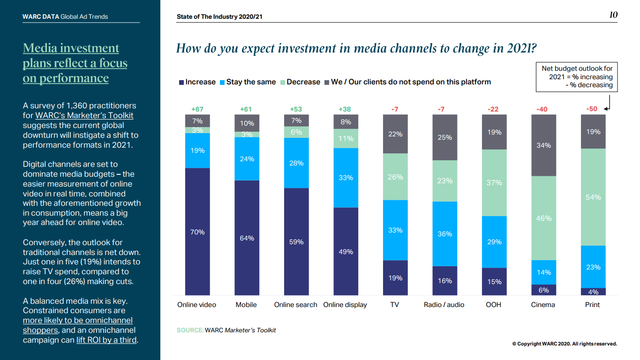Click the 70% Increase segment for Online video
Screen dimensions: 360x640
coord(197,232)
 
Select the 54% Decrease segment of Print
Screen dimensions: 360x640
coord(593,197)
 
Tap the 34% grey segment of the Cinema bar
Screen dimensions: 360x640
coord(543,145)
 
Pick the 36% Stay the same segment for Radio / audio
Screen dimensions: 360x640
coord(444,233)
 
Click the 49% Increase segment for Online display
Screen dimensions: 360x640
coord(346,251)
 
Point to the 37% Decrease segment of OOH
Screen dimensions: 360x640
coord(494,182)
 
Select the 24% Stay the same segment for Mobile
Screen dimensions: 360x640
coord(247,159)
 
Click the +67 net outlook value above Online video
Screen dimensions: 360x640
coord(197,109)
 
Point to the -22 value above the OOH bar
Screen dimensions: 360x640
coord(493,109)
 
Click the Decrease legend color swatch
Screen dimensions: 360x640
coord(283,82)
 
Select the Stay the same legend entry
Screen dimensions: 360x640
coord(251,82)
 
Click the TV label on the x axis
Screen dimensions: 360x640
coord(395,305)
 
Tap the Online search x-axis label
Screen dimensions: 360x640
coord(296,305)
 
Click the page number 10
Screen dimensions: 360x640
coord(613,15)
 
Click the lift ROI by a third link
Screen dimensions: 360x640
coord(106,340)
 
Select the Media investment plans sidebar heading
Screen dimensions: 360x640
coord(75,63)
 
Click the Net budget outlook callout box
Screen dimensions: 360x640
coord(576,77)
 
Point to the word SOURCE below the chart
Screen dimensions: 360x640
coord(189,330)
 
